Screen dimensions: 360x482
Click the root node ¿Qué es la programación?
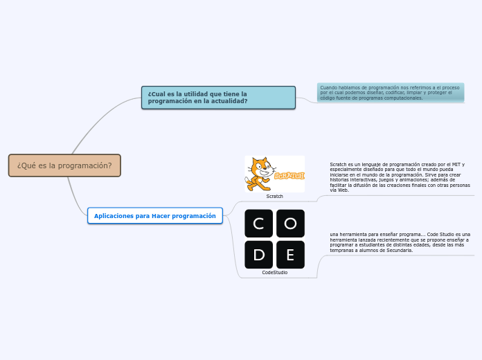click(x=64, y=165)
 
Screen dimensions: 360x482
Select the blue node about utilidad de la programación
click(x=218, y=98)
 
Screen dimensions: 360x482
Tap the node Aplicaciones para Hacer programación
click(x=155, y=216)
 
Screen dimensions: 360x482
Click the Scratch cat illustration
click(x=259, y=174)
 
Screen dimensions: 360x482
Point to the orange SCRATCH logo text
click(x=289, y=175)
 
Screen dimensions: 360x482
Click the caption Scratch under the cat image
click(x=275, y=197)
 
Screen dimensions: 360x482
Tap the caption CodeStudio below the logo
click(x=275, y=273)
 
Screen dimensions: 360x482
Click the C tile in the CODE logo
click(x=258, y=224)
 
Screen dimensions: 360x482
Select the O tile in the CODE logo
click(x=290, y=224)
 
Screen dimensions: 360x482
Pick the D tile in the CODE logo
click(x=258, y=255)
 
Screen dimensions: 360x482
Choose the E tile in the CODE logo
click(x=290, y=255)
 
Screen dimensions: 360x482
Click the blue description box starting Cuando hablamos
click(x=391, y=93)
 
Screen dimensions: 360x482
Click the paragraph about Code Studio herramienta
click(x=400, y=242)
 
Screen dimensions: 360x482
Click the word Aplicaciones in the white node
click(x=114, y=216)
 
